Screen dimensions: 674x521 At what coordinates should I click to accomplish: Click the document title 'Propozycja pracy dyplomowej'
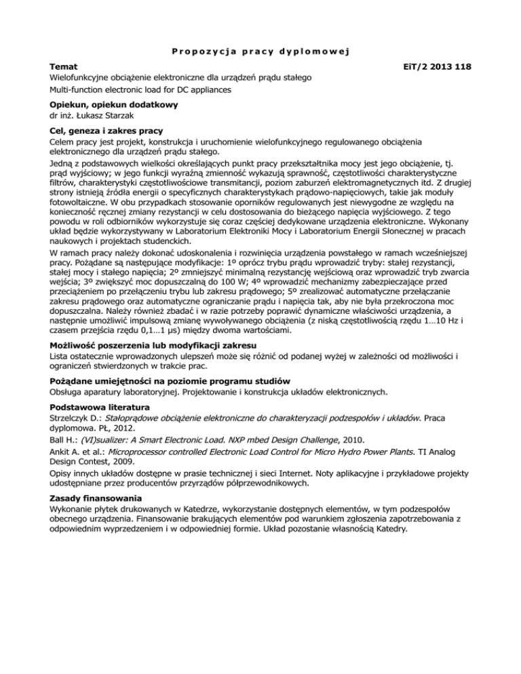point(260,50)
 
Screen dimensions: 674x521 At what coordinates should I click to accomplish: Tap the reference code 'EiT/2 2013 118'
point(427,67)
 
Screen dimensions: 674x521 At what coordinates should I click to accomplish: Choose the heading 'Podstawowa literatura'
point(100,406)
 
